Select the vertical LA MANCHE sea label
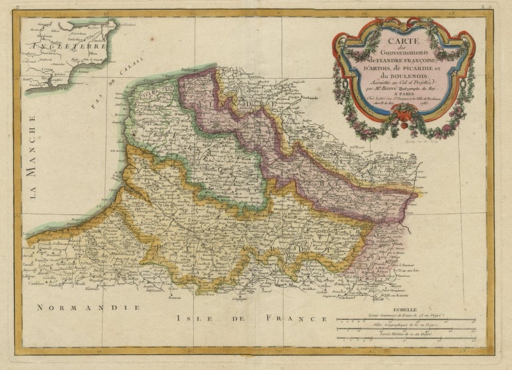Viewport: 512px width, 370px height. point(31,154)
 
